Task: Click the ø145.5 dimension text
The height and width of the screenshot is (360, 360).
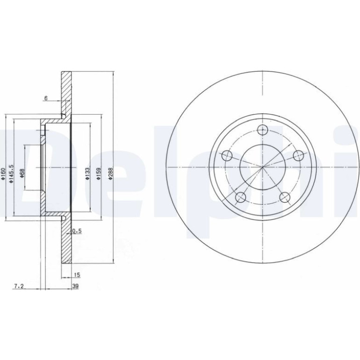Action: pos(11,173)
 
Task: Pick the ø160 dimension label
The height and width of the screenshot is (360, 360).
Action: pos(3,173)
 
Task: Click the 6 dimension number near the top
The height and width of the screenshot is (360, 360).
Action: pos(46,98)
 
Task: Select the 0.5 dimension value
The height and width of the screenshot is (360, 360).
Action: pos(77,231)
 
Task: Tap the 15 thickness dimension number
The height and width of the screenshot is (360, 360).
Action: pos(77,274)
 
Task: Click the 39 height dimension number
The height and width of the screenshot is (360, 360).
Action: pos(76,286)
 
